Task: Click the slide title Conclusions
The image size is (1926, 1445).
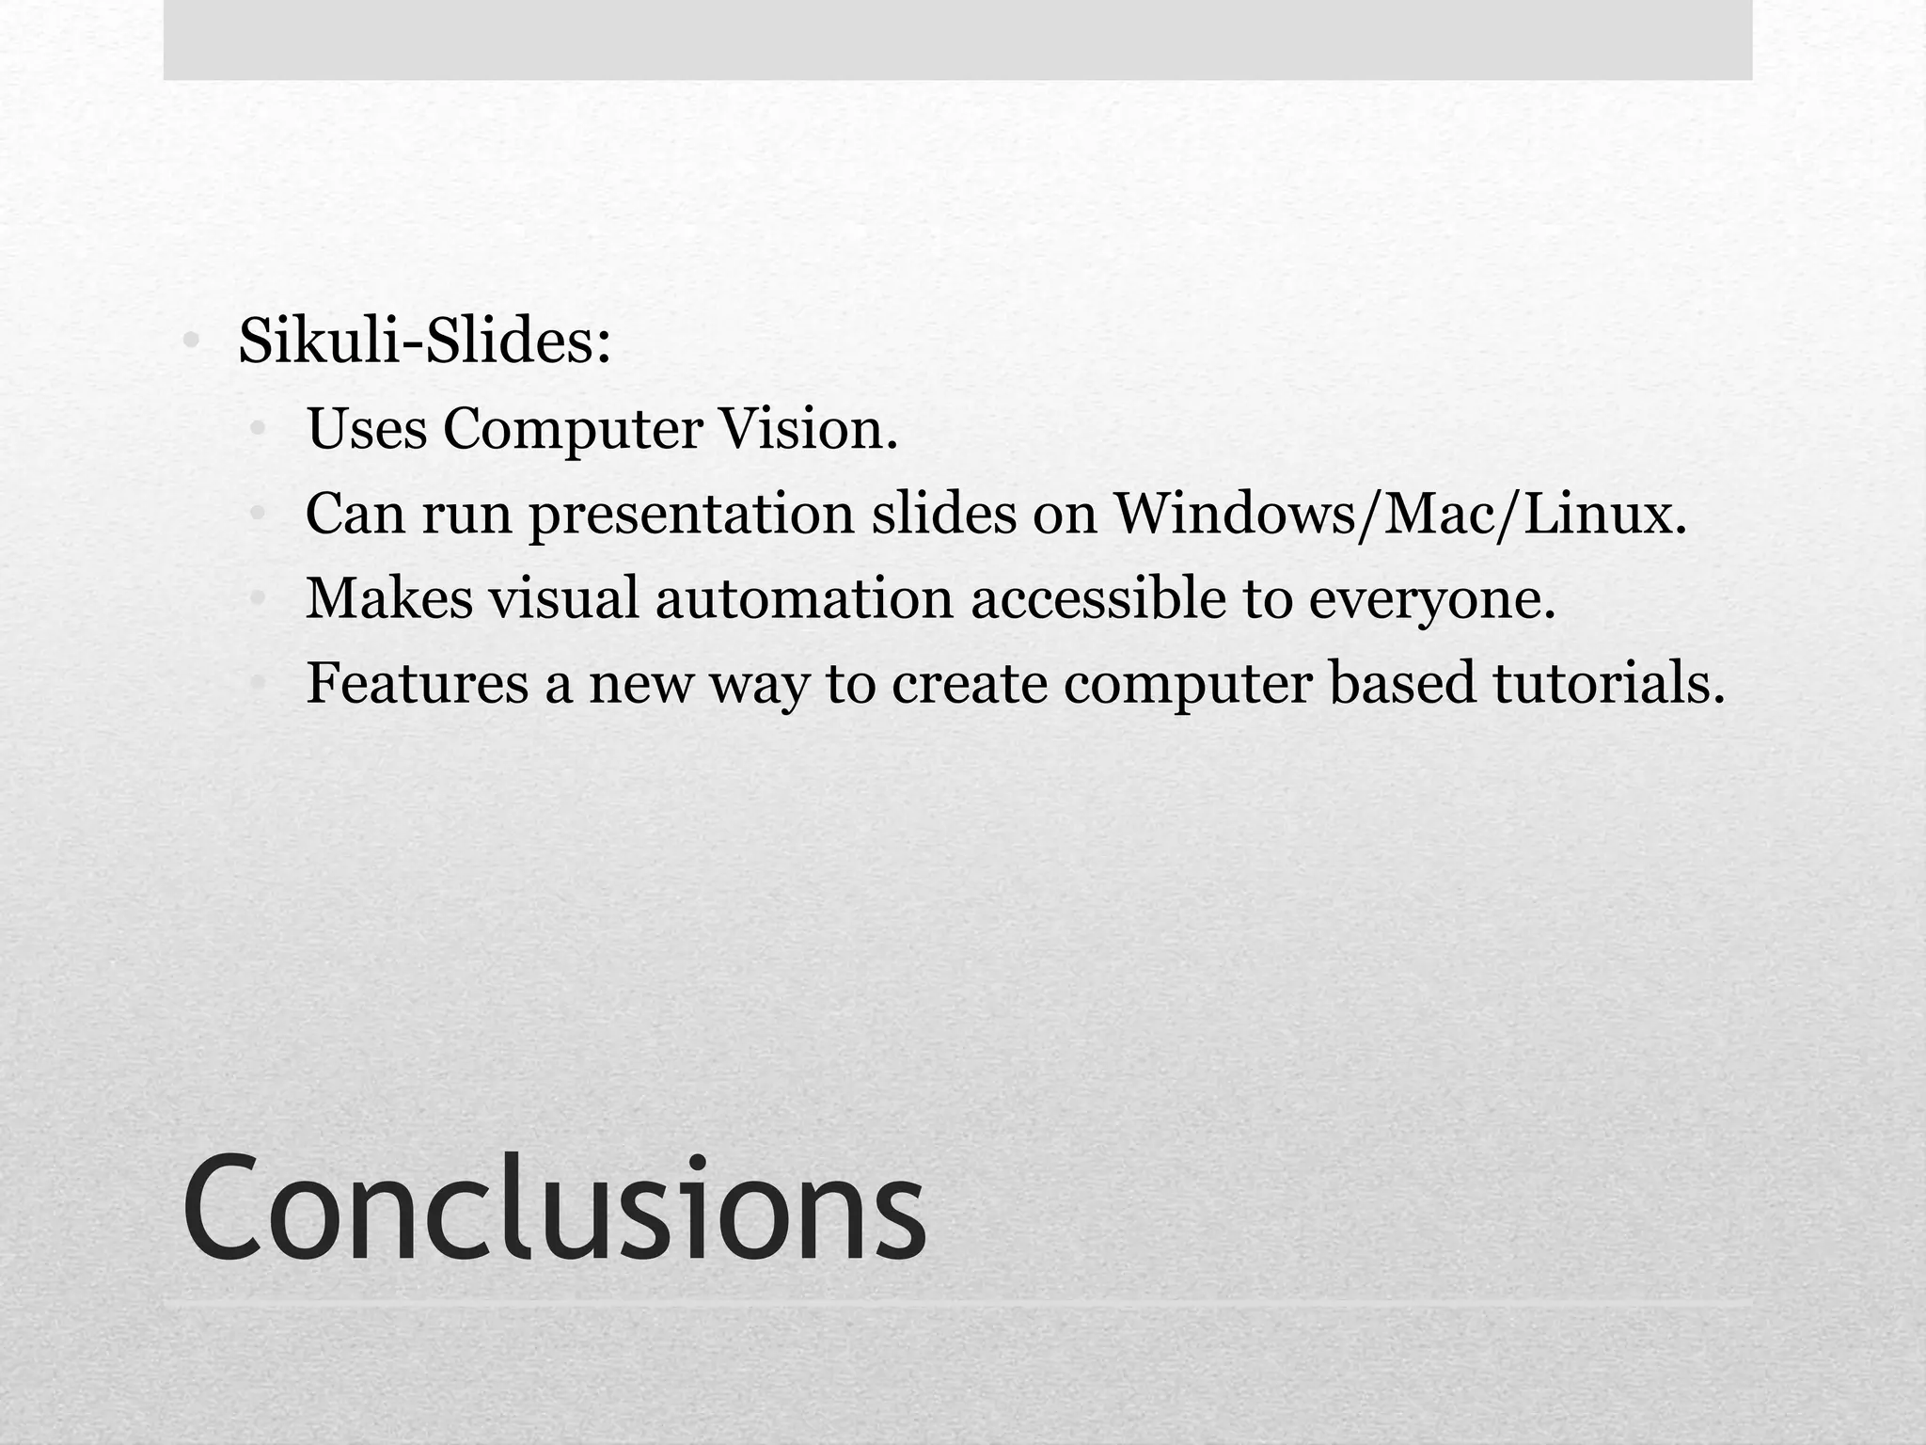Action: [555, 1206]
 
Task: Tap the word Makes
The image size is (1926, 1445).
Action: [389, 598]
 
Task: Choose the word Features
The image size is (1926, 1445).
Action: [418, 683]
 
